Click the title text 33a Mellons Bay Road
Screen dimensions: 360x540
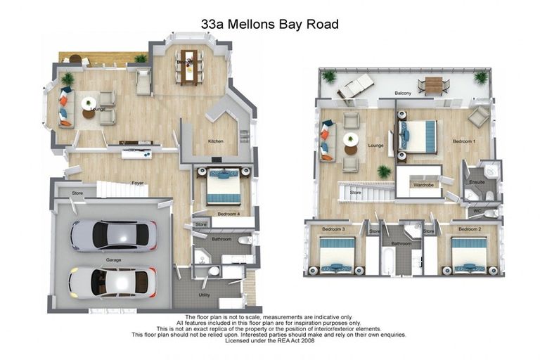tap(270, 25)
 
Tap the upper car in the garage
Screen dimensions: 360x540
tap(112, 236)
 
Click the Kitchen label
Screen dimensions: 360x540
tap(215, 141)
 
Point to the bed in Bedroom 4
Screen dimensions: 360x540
tap(224, 188)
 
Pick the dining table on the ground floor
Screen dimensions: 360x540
tap(188, 65)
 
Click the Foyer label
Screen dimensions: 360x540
tap(138, 183)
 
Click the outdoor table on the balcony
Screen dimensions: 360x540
tap(433, 85)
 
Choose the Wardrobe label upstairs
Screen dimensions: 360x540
tap(423, 185)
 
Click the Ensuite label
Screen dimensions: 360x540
tap(477, 182)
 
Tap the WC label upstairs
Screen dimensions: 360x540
tap(477, 211)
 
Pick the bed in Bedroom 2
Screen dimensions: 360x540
tap(469, 254)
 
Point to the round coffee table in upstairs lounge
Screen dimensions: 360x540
tap(351, 141)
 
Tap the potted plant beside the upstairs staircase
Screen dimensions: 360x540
tap(383, 171)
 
